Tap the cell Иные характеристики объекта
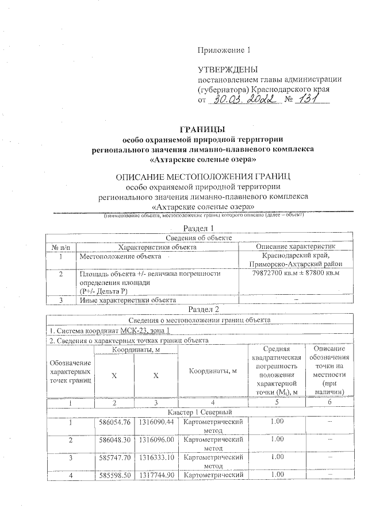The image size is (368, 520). tap(127, 299)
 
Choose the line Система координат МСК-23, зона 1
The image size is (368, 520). tap(109, 332)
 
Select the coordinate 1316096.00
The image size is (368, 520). tap(156, 440)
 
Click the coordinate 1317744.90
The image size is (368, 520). tap(156, 475)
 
